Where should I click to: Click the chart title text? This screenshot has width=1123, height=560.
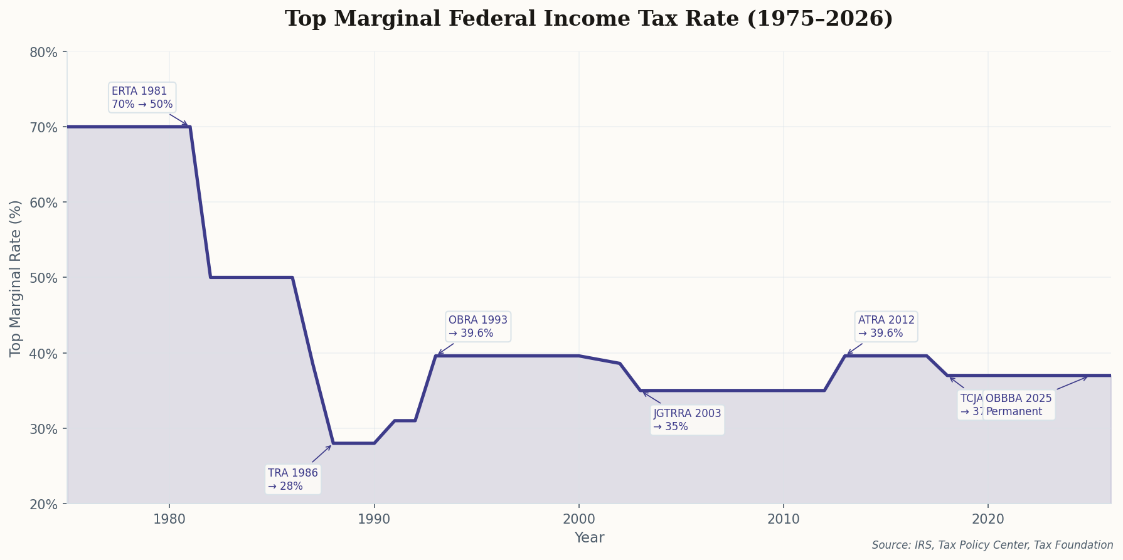pos(588,19)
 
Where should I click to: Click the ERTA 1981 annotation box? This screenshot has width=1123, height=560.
pos(142,97)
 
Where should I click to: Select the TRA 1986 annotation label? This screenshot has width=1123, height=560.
pos(293,479)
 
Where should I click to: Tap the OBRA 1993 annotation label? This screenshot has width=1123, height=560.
pos(478,326)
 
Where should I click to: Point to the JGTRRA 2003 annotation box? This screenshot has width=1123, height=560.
pos(687,420)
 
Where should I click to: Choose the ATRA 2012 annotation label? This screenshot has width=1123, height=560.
pos(886,326)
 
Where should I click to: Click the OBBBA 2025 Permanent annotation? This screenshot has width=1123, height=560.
pos(1019,405)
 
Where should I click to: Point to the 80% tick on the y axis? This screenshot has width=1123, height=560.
pos(44,52)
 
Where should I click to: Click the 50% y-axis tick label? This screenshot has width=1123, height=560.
pos(44,278)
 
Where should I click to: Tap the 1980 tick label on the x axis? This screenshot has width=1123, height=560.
pos(169,519)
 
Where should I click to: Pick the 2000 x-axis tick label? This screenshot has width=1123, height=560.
pos(578,519)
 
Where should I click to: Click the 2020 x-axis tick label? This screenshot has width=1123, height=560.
pos(987,519)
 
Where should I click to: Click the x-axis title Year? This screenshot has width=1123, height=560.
pos(589,538)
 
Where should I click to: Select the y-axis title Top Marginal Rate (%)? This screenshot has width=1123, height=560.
pos(16,278)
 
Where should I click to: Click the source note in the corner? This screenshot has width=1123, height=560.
pos(992,545)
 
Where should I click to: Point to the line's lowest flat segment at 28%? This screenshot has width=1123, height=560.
pos(354,443)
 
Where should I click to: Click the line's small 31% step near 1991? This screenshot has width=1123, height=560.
pos(405,420)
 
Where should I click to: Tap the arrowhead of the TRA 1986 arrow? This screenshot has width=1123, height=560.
pos(331,446)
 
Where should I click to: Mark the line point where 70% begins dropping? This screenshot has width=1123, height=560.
pos(190,127)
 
